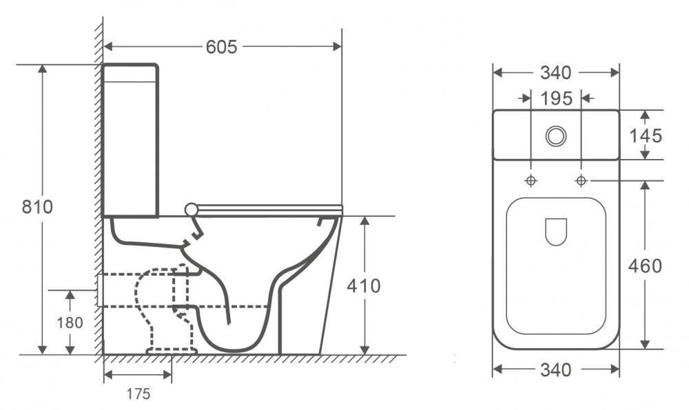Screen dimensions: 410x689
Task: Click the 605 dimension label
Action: [x=221, y=47]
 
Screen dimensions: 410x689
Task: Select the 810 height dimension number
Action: [x=37, y=206]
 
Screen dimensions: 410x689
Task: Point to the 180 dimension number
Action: [x=70, y=322]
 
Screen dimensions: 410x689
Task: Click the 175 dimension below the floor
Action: [x=138, y=394]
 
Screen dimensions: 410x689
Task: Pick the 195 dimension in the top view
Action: [x=556, y=98]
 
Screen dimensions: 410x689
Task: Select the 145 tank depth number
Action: [x=646, y=136]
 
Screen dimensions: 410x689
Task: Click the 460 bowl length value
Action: [x=646, y=266]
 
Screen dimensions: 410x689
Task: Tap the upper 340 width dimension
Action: [x=555, y=72]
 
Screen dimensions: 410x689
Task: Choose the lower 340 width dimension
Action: [x=555, y=370]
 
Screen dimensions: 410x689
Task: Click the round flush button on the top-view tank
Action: [x=555, y=136]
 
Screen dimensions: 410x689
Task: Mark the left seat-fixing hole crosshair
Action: [x=531, y=180]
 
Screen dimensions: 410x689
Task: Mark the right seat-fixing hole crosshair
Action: [x=581, y=180]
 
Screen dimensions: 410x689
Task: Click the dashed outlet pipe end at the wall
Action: [x=101, y=290]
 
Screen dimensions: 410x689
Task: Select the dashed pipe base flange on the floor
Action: [x=172, y=351]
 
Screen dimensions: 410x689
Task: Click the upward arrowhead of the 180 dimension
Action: [x=70, y=294]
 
